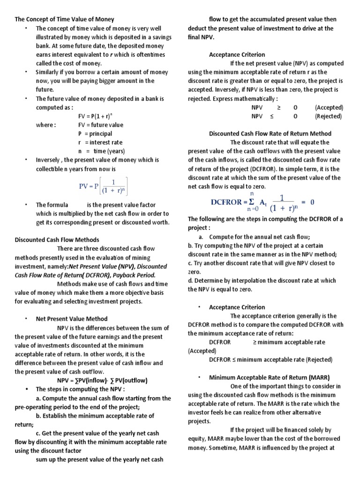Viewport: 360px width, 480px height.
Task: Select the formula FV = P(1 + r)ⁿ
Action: point(100,116)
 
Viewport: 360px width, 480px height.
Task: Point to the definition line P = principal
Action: point(95,134)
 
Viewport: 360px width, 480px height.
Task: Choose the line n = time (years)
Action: point(101,151)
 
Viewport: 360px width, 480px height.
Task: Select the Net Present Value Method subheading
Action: point(72,319)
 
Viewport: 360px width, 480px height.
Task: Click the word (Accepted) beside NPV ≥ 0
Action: point(329,107)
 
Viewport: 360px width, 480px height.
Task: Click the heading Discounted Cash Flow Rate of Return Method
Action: point(270,134)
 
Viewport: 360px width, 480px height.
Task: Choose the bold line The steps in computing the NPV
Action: point(81,389)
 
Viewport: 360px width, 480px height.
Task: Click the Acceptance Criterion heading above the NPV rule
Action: point(237,55)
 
